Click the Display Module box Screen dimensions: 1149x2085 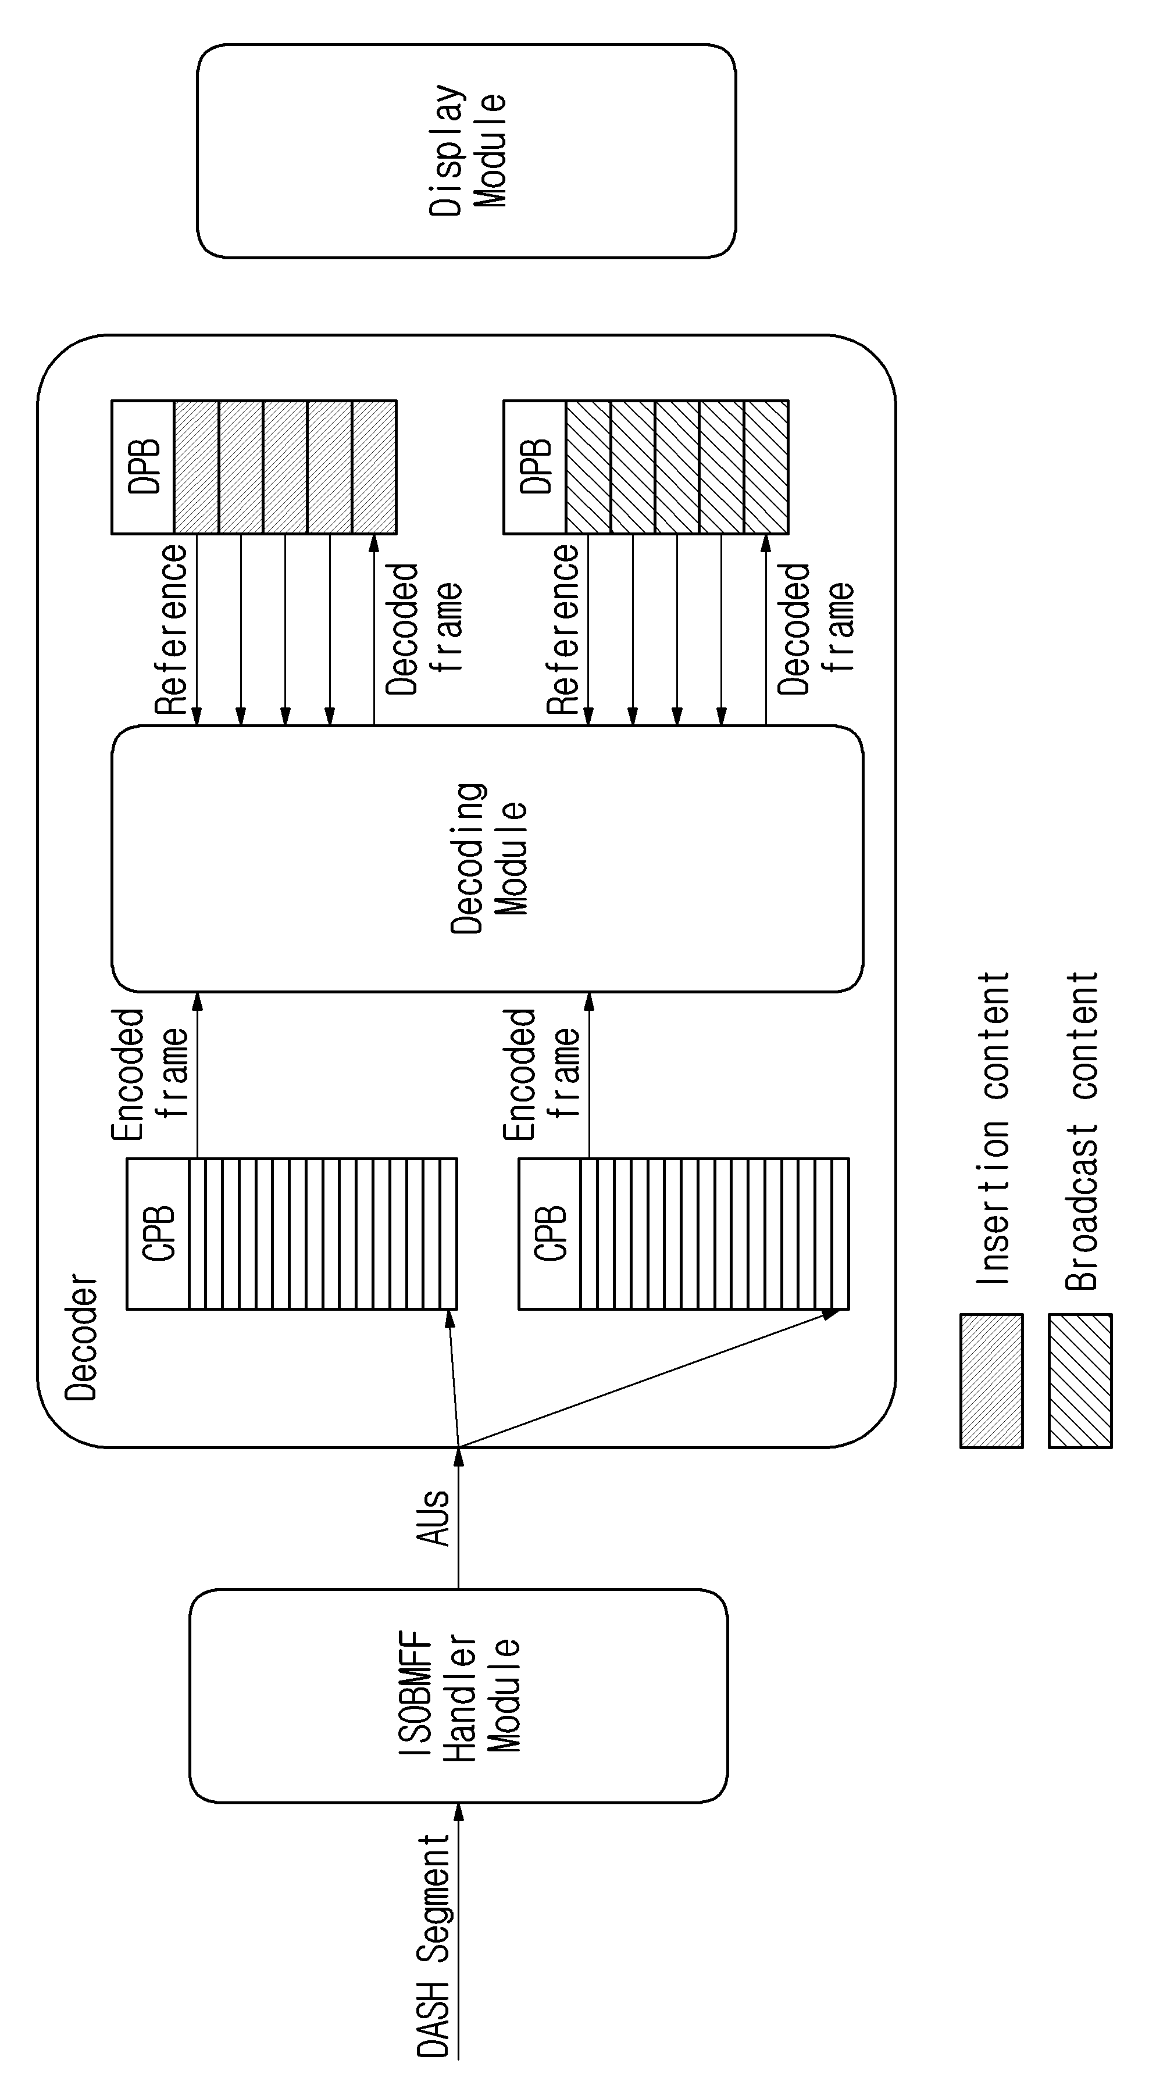466,151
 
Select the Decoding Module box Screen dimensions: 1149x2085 487,858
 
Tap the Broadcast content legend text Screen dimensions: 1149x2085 1082,1131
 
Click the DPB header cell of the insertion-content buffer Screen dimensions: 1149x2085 142,467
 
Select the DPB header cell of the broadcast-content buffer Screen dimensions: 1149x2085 534,467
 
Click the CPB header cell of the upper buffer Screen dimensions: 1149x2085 158,1233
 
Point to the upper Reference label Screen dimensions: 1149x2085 171,630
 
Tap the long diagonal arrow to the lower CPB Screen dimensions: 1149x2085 648,1378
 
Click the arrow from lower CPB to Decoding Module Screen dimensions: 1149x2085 588,1075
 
